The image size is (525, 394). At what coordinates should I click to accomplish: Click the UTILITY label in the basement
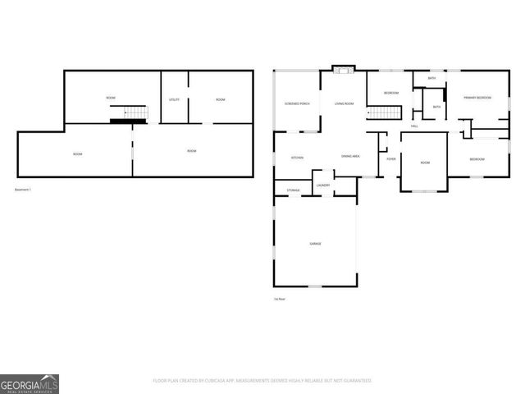(x=174, y=99)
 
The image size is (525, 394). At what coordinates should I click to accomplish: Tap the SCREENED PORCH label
(x=297, y=103)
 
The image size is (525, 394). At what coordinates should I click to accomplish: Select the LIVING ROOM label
(x=344, y=103)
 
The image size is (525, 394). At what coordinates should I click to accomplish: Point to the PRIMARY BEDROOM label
(x=477, y=98)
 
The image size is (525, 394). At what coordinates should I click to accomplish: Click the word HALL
(x=414, y=126)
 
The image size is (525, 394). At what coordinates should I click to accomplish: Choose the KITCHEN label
(x=298, y=158)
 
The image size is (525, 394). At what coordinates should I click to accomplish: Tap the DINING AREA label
(x=351, y=156)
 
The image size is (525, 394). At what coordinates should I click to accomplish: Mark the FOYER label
(x=391, y=158)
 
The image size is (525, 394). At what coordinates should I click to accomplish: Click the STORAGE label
(x=293, y=190)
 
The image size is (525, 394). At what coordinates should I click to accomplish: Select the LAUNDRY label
(x=322, y=186)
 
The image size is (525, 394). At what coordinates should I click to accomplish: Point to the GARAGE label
(x=315, y=244)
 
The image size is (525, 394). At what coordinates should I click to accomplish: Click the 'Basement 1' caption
(x=23, y=190)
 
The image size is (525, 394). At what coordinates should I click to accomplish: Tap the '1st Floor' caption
(x=280, y=299)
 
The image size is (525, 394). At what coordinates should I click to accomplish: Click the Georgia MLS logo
(x=30, y=384)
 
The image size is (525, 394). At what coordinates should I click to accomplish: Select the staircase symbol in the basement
(x=133, y=115)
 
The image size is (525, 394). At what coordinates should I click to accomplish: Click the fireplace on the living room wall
(x=344, y=69)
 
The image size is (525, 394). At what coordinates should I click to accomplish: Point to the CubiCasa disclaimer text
(x=262, y=381)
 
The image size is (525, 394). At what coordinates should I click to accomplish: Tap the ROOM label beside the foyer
(x=425, y=163)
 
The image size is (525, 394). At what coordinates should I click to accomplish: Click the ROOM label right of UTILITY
(x=221, y=99)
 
